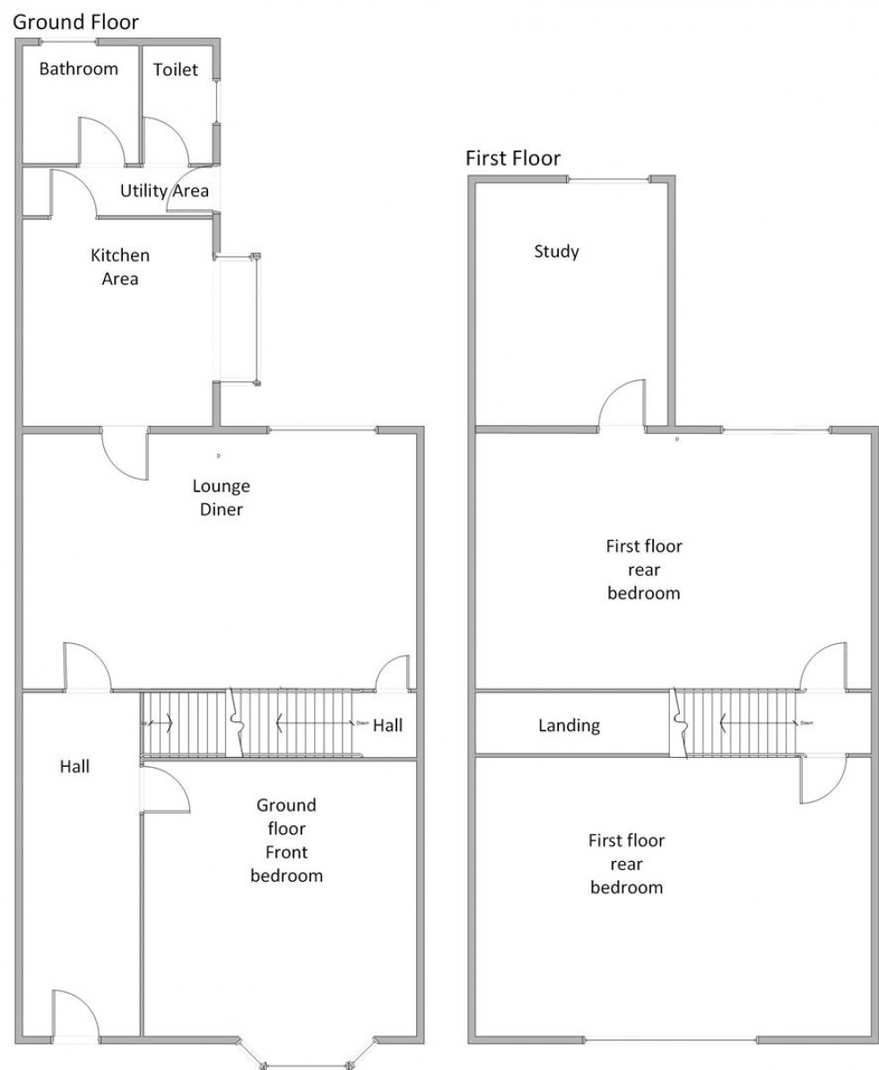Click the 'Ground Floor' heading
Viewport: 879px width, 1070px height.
76,22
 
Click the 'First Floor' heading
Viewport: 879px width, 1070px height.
513,159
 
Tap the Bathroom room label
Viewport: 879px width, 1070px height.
78,69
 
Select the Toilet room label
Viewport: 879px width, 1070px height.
175,70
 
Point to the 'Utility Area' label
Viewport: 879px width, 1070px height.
164,190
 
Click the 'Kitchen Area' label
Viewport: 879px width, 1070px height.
120,267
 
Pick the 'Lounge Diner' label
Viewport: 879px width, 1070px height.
222,498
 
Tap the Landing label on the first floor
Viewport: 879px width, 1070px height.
569,726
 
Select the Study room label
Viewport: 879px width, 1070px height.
556,251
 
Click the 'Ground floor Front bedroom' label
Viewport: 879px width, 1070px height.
286,839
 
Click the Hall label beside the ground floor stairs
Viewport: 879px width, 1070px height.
387,726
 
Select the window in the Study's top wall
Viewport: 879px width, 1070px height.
610,181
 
